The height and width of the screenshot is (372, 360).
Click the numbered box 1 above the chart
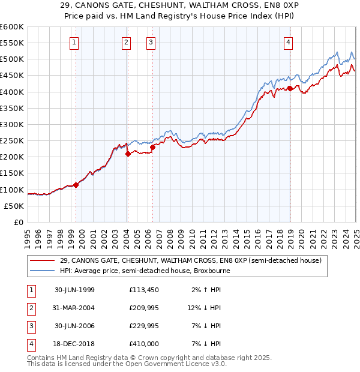click(x=74, y=42)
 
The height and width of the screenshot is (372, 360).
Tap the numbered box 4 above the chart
click(x=289, y=42)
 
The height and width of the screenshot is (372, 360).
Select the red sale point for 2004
click(x=128, y=154)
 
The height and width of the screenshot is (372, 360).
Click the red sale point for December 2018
click(x=290, y=88)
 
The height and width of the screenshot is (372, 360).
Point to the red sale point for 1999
click(x=76, y=185)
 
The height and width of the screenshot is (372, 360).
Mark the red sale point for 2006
click(x=152, y=147)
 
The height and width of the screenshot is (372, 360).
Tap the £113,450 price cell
click(x=144, y=289)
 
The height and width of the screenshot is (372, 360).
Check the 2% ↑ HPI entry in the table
click(x=206, y=289)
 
